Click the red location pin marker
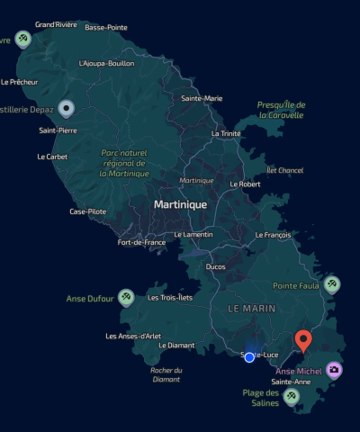pos(304,339)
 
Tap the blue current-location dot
pos(249,357)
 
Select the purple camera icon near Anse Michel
pos(334,370)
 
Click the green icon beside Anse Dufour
pos(127,297)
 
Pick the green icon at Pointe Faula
pos(332,284)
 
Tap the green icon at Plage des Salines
pos(291,395)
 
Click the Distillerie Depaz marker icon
pos(65,110)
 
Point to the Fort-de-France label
pos(142,242)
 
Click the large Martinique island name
pos(180,204)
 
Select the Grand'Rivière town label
pos(56,24)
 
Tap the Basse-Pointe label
pos(106,28)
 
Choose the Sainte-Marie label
pos(202,98)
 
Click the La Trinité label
pos(226,133)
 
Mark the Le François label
pos(273,235)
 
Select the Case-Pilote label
pos(88,211)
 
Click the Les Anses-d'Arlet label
pos(134,337)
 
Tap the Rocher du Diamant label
pos(166,374)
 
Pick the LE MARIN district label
pos(251,308)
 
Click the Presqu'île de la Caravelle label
pos(281,110)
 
